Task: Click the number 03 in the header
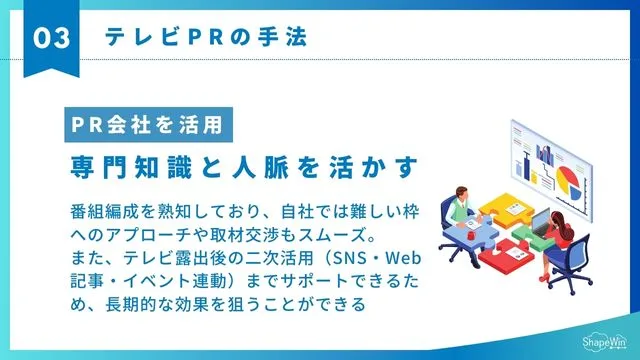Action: click(51, 38)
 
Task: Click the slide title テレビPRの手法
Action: click(205, 38)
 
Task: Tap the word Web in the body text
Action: click(419, 257)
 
